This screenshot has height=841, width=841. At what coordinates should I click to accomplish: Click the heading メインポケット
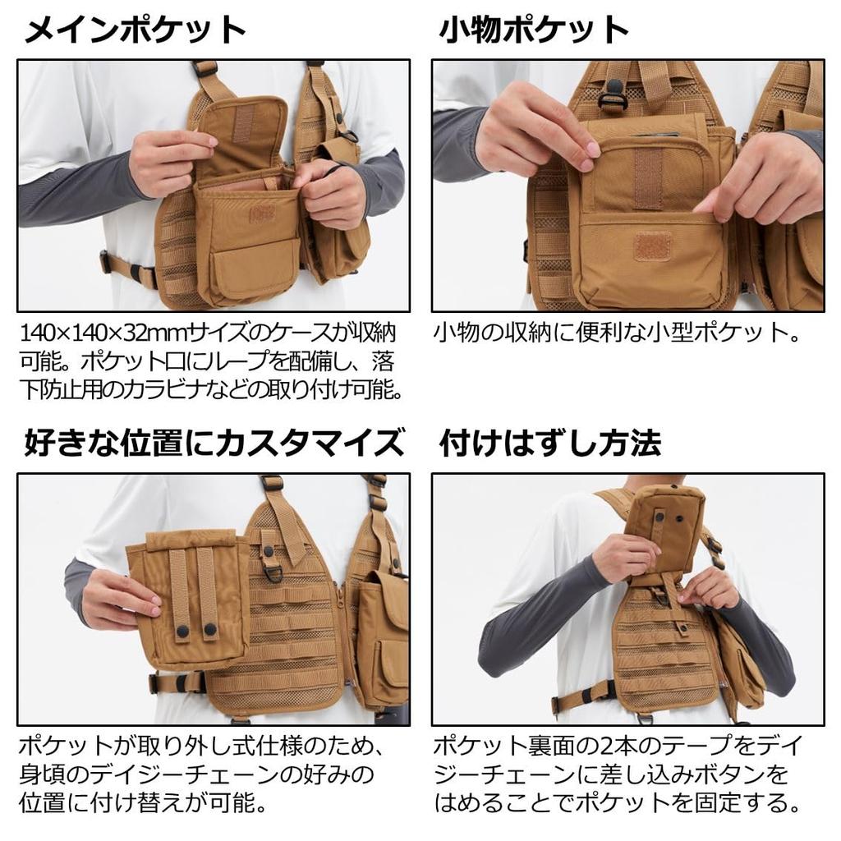(x=136, y=30)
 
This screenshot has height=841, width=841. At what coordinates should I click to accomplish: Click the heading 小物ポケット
(x=534, y=30)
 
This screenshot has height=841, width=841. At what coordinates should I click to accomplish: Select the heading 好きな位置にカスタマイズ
(x=214, y=443)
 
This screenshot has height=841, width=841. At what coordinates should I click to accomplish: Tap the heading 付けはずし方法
(x=550, y=443)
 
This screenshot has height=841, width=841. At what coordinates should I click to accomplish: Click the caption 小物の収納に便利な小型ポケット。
(x=617, y=333)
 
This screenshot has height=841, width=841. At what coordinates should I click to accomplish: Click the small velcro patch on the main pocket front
(x=262, y=213)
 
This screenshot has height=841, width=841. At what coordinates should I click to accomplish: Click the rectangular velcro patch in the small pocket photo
(x=652, y=246)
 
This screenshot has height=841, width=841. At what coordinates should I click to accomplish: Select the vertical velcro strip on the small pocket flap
(x=649, y=177)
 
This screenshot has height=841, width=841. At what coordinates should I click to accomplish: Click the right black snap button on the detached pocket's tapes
(x=209, y=630)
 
